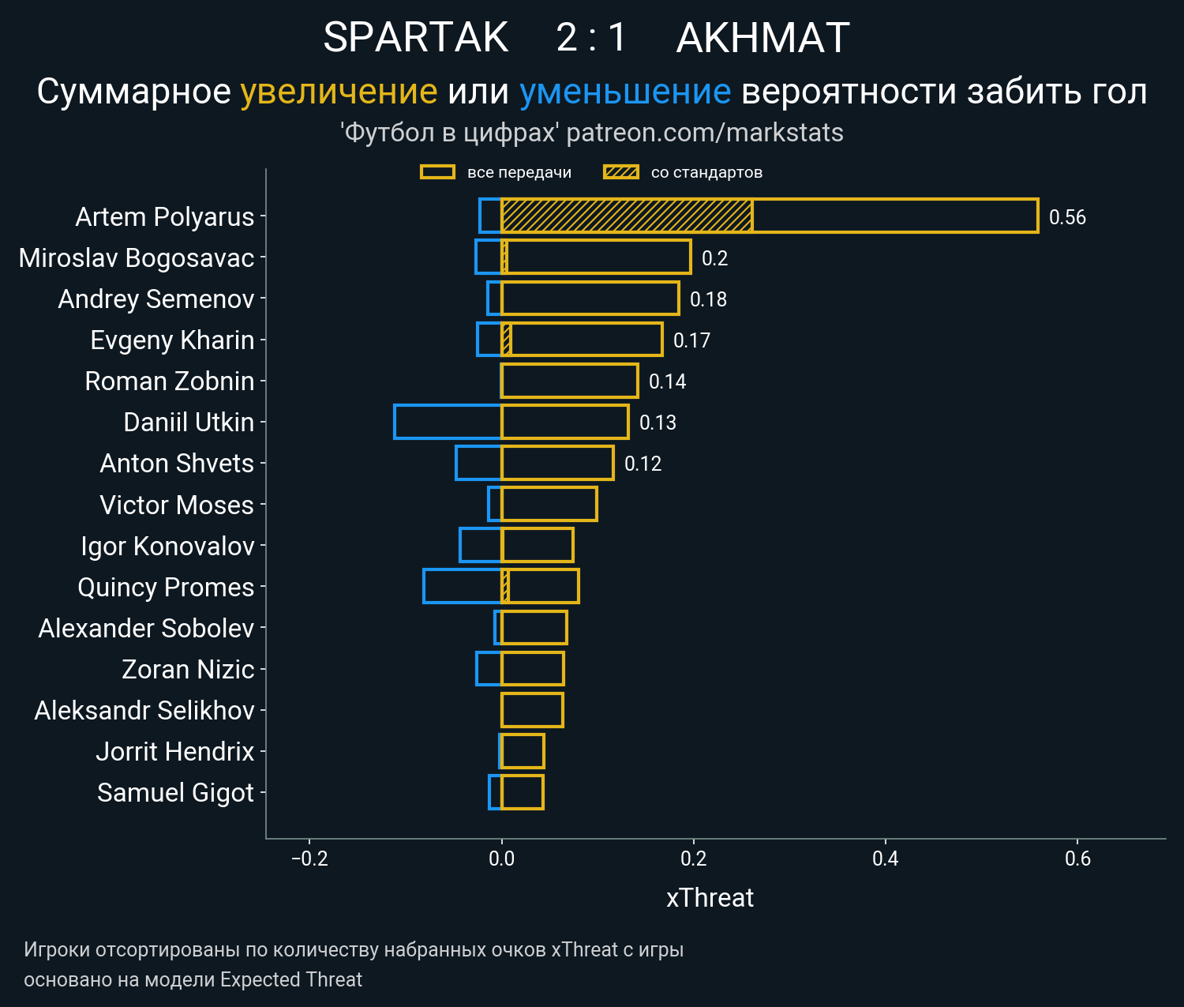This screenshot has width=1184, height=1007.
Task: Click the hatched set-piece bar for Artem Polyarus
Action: coord(627,216)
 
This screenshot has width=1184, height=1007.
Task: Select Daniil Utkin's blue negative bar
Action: coord(448,422)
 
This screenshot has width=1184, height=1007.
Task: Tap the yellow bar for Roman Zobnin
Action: coord(569,381)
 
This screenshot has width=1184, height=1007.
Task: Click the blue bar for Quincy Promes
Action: coord(462,586)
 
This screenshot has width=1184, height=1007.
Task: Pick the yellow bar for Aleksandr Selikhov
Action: coord(532,709)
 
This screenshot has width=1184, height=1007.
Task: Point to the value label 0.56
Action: coord(1067,217)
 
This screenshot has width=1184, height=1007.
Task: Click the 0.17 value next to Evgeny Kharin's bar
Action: coord(691,340)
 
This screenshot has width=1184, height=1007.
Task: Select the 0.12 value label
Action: coord(643,464)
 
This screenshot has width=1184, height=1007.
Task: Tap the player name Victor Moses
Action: coord(177,505)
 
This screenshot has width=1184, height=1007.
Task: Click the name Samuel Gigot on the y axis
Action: coord(175,792)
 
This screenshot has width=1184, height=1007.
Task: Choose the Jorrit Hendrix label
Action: coord(175,751)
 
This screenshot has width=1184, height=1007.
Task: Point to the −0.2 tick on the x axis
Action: coord(309,859)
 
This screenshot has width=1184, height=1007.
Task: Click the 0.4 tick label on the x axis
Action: coord(886,859)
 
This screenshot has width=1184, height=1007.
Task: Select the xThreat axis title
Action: coord(710,898)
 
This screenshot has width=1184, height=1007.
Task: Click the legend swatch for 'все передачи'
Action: coord(437,172)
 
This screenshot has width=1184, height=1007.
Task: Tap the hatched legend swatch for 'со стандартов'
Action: coord(620,172)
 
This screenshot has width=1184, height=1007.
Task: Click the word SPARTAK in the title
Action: coord(416,37)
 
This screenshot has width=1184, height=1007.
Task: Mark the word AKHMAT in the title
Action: coord(762,37)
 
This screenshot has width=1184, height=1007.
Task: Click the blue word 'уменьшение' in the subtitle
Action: coord(625,92)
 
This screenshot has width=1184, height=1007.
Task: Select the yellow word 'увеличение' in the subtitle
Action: coord(339,92)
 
